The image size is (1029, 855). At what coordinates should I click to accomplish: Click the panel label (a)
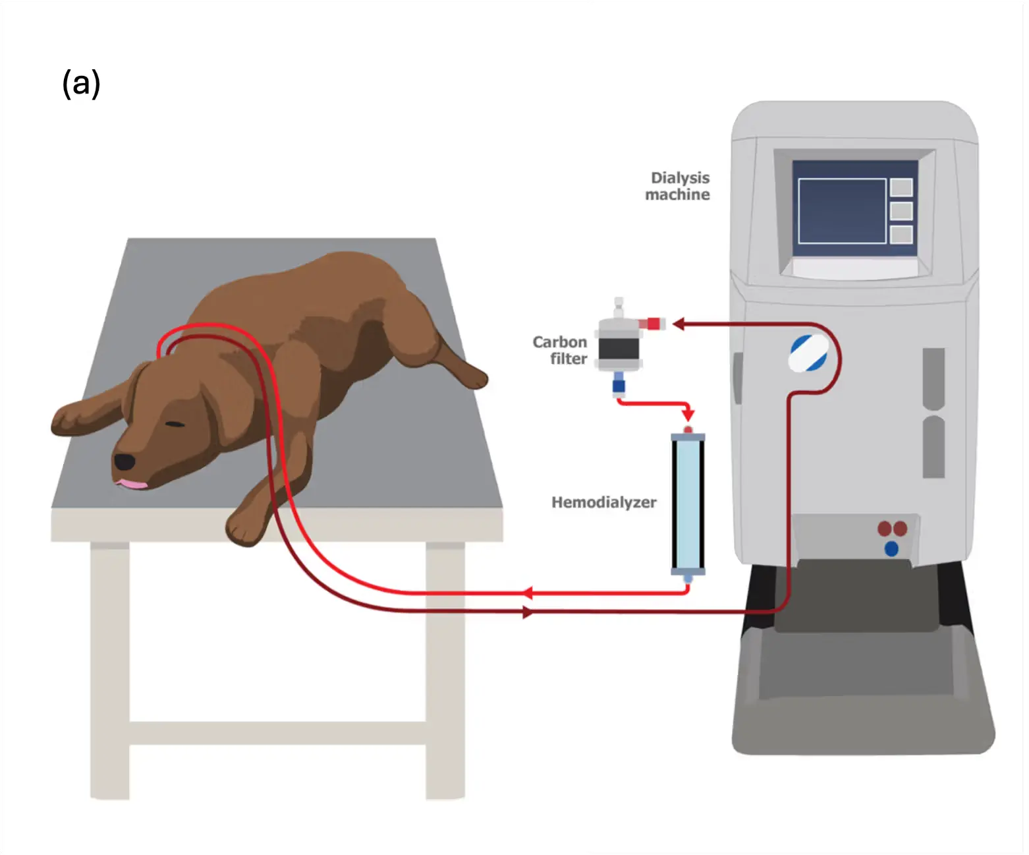pyautogui.click(x=81, y=84)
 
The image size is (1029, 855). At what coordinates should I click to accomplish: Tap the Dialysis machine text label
pyautogui.click(x=678, y=186)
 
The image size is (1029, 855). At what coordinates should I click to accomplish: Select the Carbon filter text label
pyautogui.click(x=560, y=350)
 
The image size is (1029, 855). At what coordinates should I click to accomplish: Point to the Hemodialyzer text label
pyautogui.click(x=603, y=502)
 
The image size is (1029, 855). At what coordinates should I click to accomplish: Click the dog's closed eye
pyautogui.click(x=175, y=423)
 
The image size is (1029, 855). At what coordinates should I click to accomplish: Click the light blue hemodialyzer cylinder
pyautogui.click(x=688, y=504)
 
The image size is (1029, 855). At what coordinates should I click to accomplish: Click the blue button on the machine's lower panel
pyautogui.click(x=891, y=548)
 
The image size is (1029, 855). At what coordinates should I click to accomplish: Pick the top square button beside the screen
pyautogui.click(x=901, y=187)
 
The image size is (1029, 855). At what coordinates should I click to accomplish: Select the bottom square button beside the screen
pyautogui.click(x=901, y=234)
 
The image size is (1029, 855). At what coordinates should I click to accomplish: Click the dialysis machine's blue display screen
pyautogui.click(x=842, y=210)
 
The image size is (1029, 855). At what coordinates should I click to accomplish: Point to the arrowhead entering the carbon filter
pyautogui.click(x=679, y=324)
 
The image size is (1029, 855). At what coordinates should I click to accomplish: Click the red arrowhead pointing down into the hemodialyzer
pyautogui.click(x=688, y=415)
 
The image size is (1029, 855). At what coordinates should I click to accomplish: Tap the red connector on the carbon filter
pyautogui.click(x=654, y=323)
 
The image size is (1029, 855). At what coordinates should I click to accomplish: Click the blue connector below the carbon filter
pyautogui.click(x=619, y=384)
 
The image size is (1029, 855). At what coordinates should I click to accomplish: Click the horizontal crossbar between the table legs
pyautogui.click(x=277, y=732)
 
